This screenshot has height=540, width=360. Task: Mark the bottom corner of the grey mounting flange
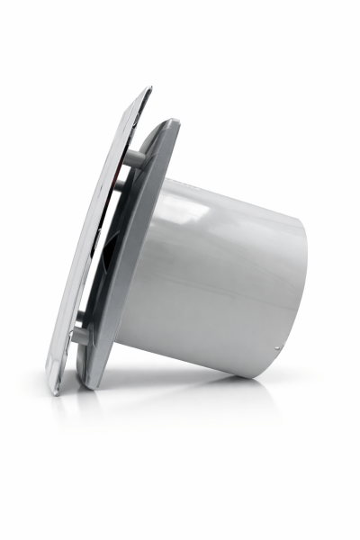pos(88,385)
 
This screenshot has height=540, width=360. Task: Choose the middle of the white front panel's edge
pos(97,243)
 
